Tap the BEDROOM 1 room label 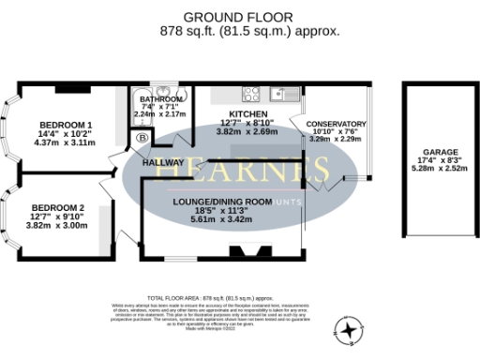click(65, 126)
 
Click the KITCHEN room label click(231, 112)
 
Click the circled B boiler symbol click(142, 139)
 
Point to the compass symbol click(349, 329)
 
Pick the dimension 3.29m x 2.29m click(337, 139)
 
